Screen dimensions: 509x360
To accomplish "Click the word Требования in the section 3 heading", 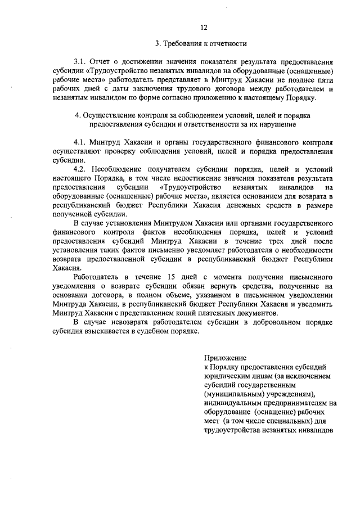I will click(x=180, y=43).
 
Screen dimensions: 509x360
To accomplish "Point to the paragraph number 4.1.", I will click(x=80, y=143).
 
